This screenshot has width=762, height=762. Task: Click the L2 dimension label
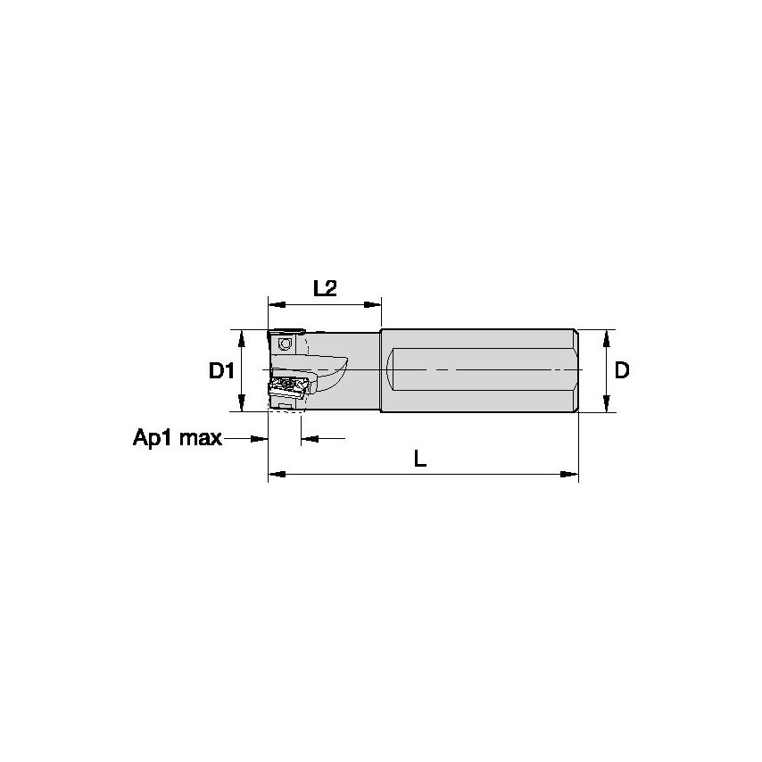325,288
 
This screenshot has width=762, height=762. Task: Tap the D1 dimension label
222,370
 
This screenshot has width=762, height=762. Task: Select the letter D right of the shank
622,370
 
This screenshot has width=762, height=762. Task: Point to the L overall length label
420,459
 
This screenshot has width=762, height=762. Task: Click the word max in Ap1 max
201,438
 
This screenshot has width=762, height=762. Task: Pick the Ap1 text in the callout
154,438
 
